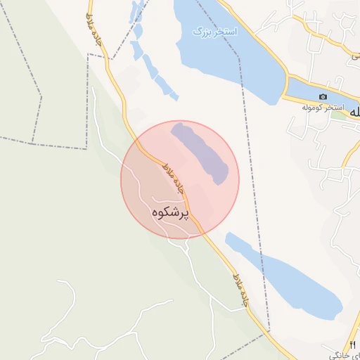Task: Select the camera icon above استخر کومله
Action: point(323,96)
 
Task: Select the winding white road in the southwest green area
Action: point(70,309)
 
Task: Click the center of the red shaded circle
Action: point(180,180)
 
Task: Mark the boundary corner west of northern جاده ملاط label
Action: point(88,54)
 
